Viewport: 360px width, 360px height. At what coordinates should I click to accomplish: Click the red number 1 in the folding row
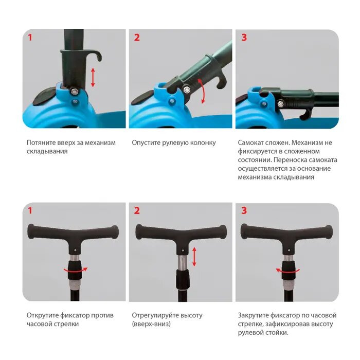click(x=30, y=38)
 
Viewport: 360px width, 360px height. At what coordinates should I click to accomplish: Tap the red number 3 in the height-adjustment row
click(x=244, y=210)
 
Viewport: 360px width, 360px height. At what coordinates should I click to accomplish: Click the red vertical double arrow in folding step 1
click(x=93, y=77)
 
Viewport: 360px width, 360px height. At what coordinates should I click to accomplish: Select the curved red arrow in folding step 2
click(x=202, y=91)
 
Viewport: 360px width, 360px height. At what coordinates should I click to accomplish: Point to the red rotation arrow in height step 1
click(x=76, y=270)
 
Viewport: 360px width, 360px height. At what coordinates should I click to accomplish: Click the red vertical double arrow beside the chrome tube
click(x=194, y=257)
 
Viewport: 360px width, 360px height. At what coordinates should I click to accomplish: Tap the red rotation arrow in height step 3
click(x=287, y=271)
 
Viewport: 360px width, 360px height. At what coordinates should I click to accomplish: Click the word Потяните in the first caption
click(x=41, y=142)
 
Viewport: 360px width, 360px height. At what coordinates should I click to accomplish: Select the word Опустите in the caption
click(x=146, y=142)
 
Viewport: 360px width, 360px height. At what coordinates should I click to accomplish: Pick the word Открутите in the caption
click(x=42, y=315)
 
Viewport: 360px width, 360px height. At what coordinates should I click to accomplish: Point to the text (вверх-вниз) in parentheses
click(x=151, y=324)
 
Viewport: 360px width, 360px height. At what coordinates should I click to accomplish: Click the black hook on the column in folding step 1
click(x=95, y=55)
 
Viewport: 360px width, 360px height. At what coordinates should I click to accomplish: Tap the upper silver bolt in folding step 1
click(x=74, y=92)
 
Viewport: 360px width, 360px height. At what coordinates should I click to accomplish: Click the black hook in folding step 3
click(x=305, y=114)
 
